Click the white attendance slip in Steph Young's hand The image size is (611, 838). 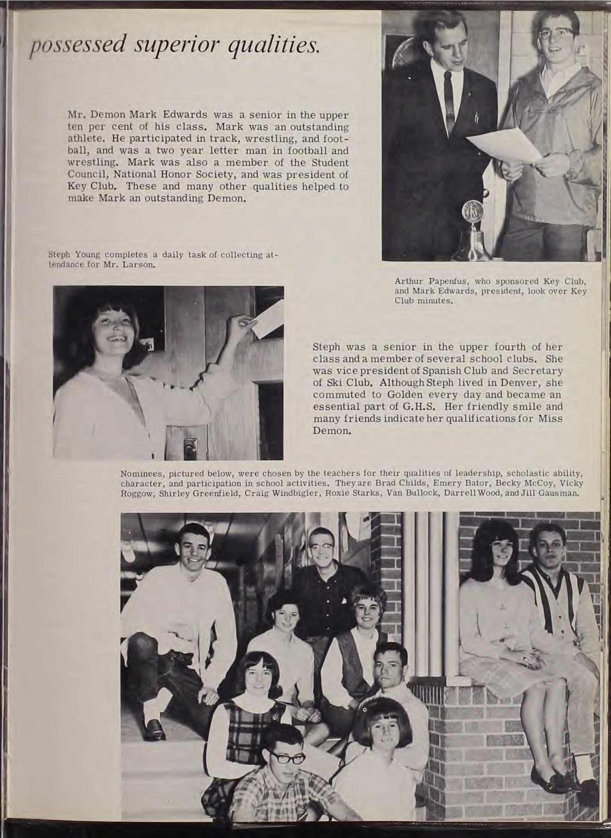[x=265, y=318]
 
